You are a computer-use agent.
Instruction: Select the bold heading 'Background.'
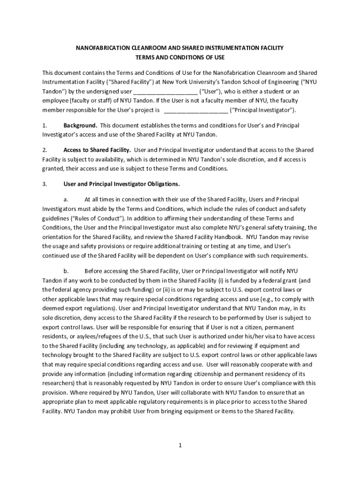[x=80, y=125]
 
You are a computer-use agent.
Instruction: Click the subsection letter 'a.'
[x=66, y=200]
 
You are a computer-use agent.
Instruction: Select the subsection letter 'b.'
[x=66, y=271]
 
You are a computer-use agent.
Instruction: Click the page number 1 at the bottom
[x=180, y=445]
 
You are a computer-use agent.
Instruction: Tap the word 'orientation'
[x=58, y=237]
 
